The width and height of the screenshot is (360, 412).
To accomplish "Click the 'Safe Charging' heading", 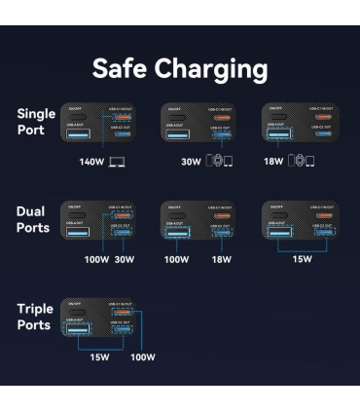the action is [180, 69].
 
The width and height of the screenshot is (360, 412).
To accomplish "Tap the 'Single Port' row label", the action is [36, 122].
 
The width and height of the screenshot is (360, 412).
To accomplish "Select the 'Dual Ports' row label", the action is [35, 219].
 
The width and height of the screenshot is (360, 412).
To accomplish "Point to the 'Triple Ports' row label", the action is [36, 317].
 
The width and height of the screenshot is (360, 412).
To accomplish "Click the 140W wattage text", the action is [91, 161].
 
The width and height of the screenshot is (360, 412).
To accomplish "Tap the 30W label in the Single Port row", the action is [191, 161].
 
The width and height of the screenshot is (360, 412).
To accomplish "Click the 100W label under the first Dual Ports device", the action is [94, 260].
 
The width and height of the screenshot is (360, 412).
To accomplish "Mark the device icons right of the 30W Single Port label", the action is [220, 161].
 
